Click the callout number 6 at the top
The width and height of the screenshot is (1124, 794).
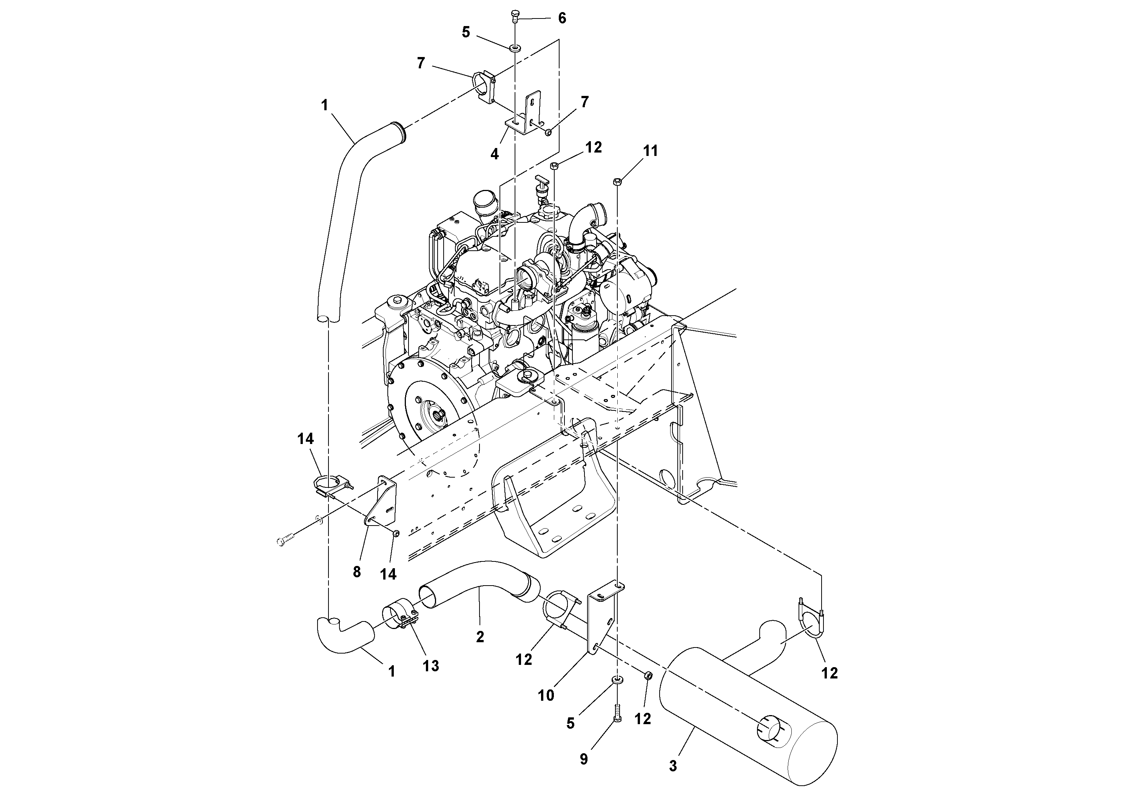(562, 18)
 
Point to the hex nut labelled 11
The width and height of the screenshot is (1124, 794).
(617, 182)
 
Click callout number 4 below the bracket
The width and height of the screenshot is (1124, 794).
(495, 154)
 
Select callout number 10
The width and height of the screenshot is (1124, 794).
(546, 695)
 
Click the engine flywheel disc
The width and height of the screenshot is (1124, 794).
(431, 416)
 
